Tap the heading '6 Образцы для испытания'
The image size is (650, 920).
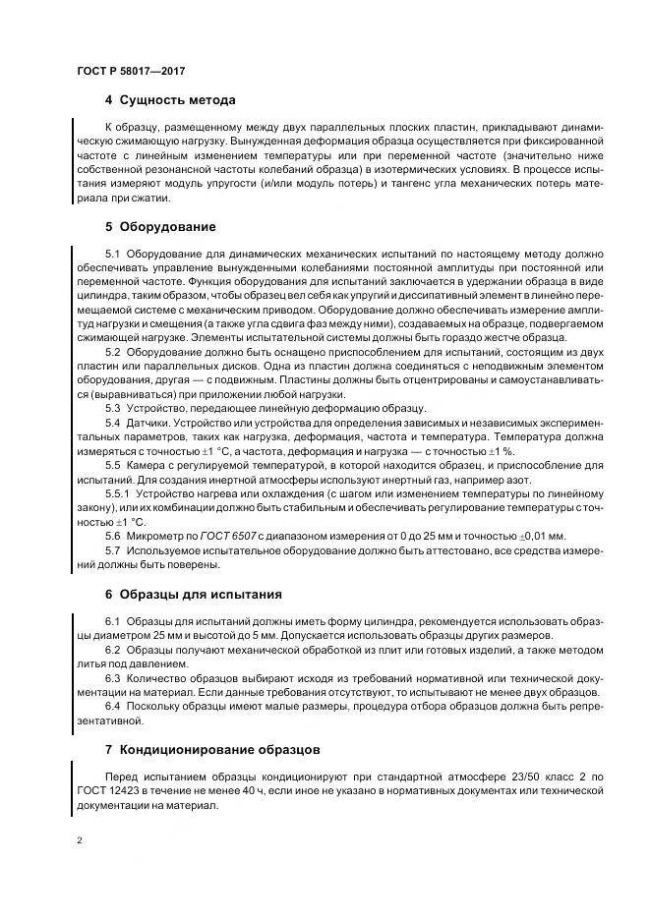pyautogui.click(x=193, y=594)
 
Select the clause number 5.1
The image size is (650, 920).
pyautogui.click(x=112, y=254)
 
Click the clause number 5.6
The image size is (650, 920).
pyautogui.click(x=112, y=535)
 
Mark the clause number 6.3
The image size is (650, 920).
pyautogui.click(x=112, y=678)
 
